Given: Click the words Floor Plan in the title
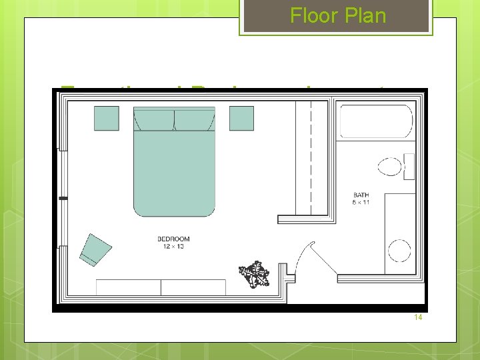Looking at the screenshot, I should click(338, 15).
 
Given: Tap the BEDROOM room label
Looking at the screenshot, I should click(173, 239).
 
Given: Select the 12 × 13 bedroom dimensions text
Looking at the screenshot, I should click(173, 247).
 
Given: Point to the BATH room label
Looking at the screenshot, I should click(361, 195).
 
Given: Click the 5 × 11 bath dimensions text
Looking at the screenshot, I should click(361, 203).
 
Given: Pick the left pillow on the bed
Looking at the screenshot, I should click(155, 121).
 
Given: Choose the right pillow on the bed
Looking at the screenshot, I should click(195, 121).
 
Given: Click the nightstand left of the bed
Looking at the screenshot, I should click(106, 118).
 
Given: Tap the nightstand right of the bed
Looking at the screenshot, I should click(241, 118).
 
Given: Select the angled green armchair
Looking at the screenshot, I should click(95, 249).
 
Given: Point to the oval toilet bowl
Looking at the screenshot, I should click(388, 166).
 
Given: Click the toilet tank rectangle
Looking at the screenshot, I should click(409, 166).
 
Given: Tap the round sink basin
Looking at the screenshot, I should click(399, 251).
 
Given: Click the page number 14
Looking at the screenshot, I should click(418, 317).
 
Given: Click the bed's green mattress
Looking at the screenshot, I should click(175, 173).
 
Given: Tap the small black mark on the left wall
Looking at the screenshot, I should click(63, 198).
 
